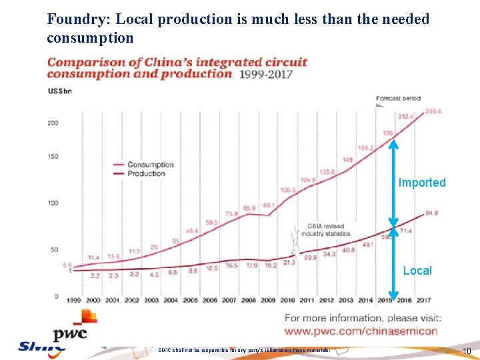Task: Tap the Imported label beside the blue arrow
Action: pyautogui.click(x=422, y=183)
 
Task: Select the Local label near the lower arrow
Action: pyautogui.click(x=417, y=271)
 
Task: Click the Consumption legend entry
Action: pyautogui.click(x=150, y=165)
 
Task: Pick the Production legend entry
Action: pyautogui.click(x=146, y=173)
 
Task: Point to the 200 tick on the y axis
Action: pyautogui.click(x=52, y=123)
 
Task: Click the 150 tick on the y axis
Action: pyautogui.click(x=52, y=157)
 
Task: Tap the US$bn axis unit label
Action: pyautogui.click(x=59, y=92)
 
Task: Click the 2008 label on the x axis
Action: pyautogui.click(x=249, y=300)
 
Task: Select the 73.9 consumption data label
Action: pyautogui.click(x=231, y=213)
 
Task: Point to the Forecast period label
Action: pyautogui.click(x=398, y=99)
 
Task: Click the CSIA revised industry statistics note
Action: pyautogui.click(x=326, y=229)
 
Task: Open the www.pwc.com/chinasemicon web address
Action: pyautogui.click(x=361, y=331)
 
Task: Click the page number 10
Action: pyautogui.click(x=467, y=351)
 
